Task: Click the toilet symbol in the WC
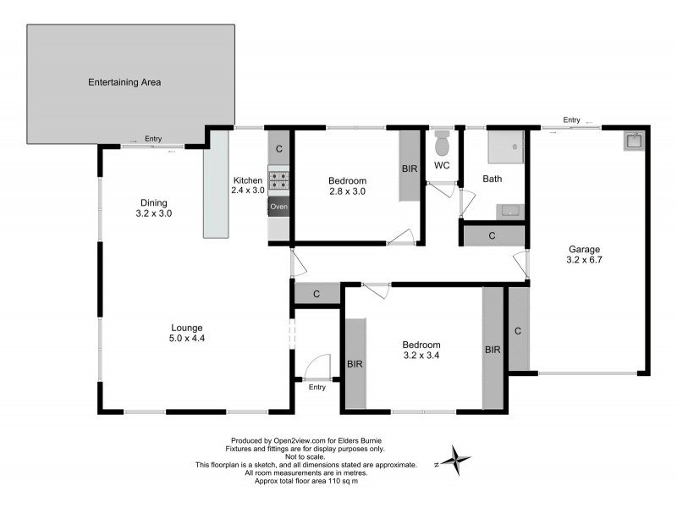[442, 140]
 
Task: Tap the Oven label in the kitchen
[279, 207]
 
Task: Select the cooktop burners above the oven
[279, 179]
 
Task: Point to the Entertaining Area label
[124, 83]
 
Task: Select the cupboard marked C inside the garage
[517, 329]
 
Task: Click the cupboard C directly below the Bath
[493, 235]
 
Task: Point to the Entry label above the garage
[572, 120]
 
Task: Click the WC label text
[442, 165]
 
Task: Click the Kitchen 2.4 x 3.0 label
[249, 185]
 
